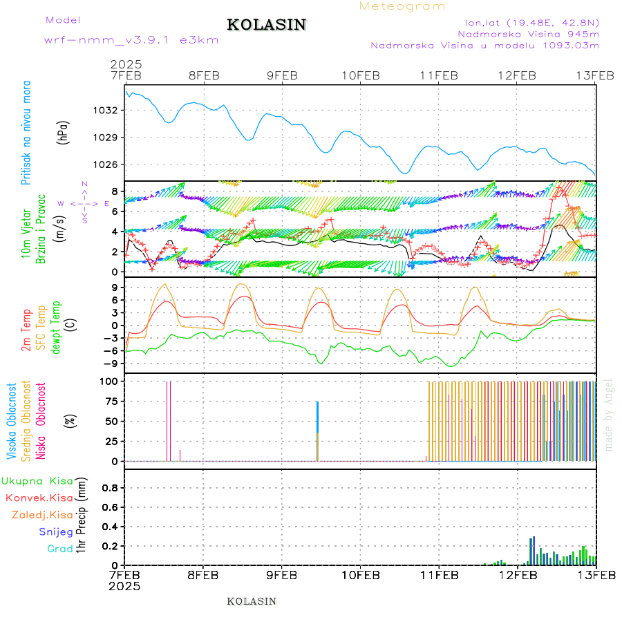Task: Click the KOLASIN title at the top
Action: (266, 25)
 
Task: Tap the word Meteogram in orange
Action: (402, 6)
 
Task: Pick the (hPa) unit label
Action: (64, 132)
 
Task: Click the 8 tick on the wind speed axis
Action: (115, 191)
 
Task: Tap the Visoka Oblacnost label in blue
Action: (12, 421)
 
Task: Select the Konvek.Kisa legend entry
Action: (39, 498)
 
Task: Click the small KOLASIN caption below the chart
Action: (252, 601)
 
